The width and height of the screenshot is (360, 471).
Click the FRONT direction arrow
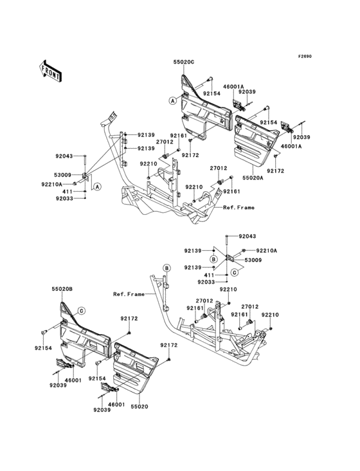pos(50,71)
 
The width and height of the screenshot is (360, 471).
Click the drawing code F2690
pos(305,56)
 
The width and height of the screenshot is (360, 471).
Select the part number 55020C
pos(184,62)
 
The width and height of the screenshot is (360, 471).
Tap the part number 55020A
pos(253,178)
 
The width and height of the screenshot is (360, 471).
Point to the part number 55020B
pos(62,290)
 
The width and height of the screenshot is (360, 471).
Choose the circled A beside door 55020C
pos(172,100)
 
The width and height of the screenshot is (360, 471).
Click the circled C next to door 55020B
pos(81,311)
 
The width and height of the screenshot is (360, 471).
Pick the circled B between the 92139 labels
pos(213,259)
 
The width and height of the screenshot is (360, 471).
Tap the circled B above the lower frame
pos(166,268)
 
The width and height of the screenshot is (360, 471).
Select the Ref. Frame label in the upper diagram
pos(239,207)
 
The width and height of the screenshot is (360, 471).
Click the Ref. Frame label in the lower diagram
pos(129,295)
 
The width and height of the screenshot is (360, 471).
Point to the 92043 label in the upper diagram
pos(64,156)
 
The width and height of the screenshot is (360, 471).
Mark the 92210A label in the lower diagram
pos(266,250)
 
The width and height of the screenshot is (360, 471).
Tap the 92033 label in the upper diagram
pos(64,198)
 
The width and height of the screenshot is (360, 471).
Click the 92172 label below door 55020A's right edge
pos(275,171)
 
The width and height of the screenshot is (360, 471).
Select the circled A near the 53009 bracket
pos(96,187)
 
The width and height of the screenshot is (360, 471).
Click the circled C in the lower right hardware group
pos(235,272)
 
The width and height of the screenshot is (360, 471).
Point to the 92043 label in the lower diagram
pos(248,236)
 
